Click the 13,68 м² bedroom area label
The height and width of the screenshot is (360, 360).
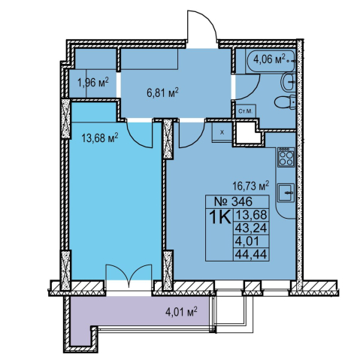(x=100, y=138)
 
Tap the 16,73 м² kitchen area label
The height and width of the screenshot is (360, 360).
(x=251, y=186)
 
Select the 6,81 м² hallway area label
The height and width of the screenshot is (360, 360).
(x=162, y=92)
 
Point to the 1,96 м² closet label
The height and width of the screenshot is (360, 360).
(x=93, y=82)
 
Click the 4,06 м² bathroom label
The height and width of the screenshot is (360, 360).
(x=269, y=59)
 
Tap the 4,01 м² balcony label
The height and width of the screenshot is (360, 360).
(x=181, y=312)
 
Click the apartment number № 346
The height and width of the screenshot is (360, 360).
(x=230, y=201)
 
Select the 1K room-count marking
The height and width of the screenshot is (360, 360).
(x=219, y=217)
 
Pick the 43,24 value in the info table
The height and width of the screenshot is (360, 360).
(x=251, y=228)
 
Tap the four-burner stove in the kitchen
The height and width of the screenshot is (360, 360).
(x=286, y=157)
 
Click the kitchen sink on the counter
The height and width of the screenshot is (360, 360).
(x=286, y=193)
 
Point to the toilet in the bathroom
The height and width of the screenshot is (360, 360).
(x=285, y=102)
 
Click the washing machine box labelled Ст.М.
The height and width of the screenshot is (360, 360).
(x=247, y=111)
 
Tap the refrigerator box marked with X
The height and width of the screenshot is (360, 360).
(x=222, y=132)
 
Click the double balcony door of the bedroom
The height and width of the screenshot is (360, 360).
(x=129, y=276)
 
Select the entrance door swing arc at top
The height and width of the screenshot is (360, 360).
(x=202, y=25)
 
